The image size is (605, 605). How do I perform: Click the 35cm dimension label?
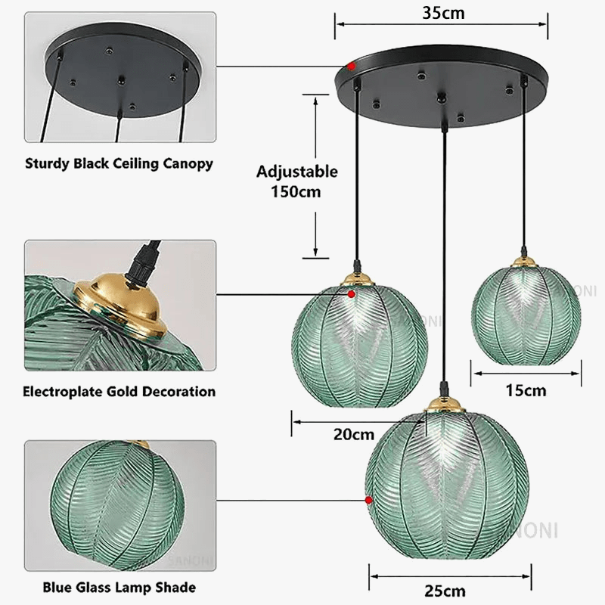[x=443, y=12]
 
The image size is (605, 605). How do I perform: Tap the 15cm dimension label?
[x=526, y=390]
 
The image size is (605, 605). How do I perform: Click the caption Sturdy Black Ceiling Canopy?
[x=119, y=163]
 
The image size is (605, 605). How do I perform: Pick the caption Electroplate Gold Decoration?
[x=119, y=391]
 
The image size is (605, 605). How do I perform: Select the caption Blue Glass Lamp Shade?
[x=119, y=587]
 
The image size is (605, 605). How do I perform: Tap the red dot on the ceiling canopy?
[x=352, y=67]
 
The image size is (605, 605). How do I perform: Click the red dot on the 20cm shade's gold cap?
[x=352, y=293]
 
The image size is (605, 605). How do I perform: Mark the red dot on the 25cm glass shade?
[x=368, y=500]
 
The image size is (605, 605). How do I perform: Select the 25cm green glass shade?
[x=448, y=484]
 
